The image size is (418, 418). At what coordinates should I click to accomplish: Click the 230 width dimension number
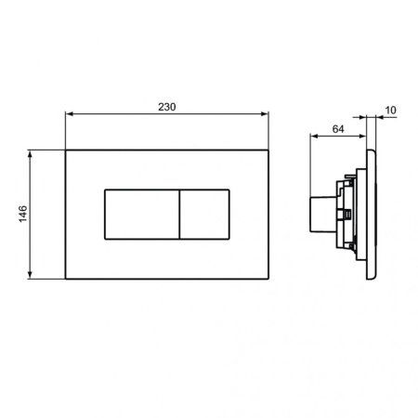click(x=166, y=107)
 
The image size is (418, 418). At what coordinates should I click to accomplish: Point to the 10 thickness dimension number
click(x=390, y=111)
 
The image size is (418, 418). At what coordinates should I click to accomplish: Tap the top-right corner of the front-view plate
click(x=268, y=149)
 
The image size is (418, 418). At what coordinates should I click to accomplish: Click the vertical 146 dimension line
click(x=34, y=242)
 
